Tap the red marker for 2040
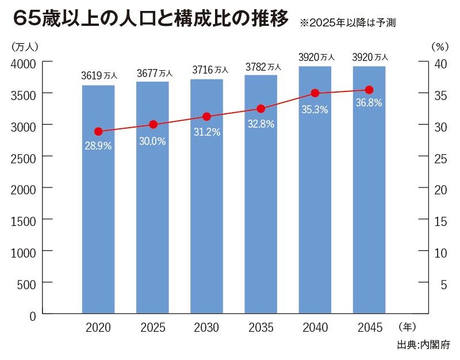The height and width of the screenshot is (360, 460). (315, 93)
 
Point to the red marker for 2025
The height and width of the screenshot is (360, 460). (153, 125)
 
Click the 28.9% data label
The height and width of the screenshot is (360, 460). (98, 145)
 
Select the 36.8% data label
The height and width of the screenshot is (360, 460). (369, 104)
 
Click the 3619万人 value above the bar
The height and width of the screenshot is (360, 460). (99, 75)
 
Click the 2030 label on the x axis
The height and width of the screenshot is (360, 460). (206, 328)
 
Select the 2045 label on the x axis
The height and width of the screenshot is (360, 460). (369, 328)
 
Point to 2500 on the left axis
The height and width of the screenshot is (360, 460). (24, 157)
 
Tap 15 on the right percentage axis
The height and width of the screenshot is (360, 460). (439, 221)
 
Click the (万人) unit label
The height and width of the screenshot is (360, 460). (24, 46)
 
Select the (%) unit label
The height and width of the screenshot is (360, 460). (439, 46)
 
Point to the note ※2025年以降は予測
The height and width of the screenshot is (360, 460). (347, 24)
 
